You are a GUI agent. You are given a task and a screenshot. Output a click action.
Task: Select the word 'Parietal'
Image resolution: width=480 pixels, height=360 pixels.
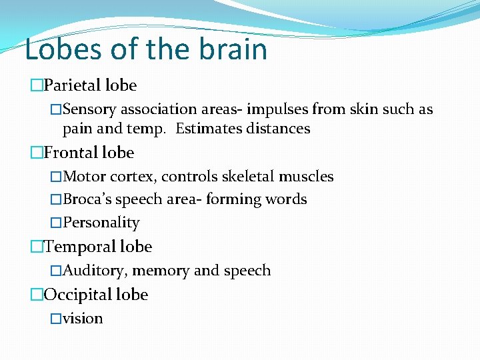(x=71, y=85)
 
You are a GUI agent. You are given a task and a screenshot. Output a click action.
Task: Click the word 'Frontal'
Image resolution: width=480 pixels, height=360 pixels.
(x=71, y=153)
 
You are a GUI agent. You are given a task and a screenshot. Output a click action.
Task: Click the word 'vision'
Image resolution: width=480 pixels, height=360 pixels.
(x=83, y=319)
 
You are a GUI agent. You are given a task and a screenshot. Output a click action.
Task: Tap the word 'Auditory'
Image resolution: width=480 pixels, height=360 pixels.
(x=95, y=271)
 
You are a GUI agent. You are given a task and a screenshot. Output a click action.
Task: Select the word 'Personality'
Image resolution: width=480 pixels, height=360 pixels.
(x=101, y=223)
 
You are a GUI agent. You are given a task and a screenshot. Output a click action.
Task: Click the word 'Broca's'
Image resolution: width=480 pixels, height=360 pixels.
(x=87, y=199)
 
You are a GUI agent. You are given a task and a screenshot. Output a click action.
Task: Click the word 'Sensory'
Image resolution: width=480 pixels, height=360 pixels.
(x=90, y=109)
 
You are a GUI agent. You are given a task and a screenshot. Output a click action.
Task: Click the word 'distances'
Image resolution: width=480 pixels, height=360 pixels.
(x=277, y=129)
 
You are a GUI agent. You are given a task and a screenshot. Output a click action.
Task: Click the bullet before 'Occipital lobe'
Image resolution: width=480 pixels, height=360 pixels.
(x=37, y=295)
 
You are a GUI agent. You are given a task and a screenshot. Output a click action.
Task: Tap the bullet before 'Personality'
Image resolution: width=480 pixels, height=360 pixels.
(x=56, y=223)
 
